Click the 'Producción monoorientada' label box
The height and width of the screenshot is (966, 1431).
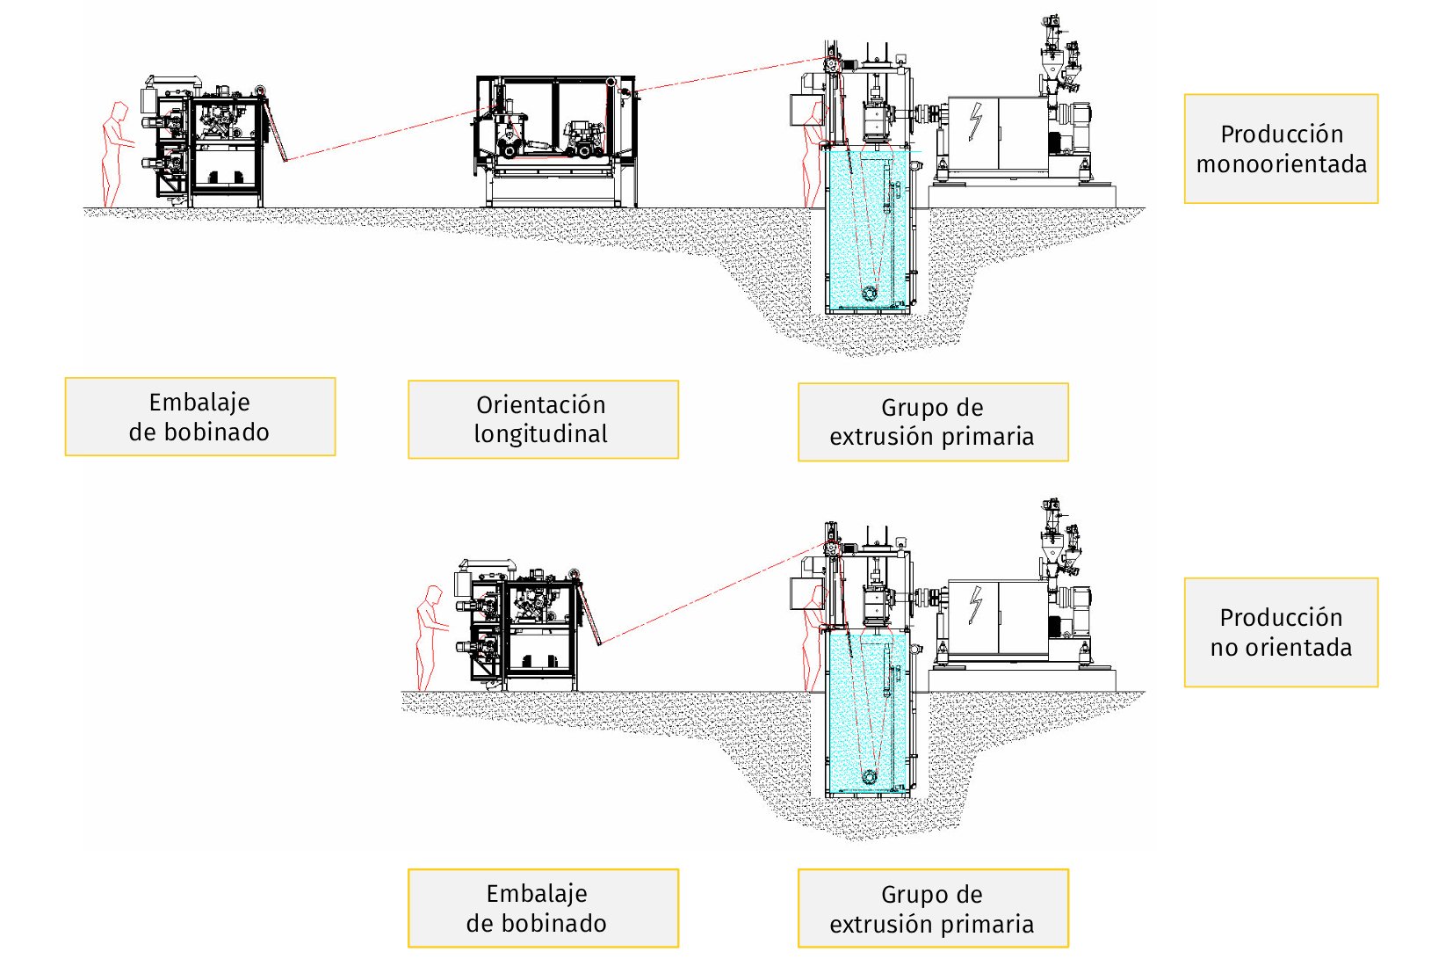click(x=1281, y=149)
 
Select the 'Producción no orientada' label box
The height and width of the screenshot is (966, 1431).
click(x=1281, y=632)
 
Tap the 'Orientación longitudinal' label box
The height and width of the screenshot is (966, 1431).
click(x=543, y=419)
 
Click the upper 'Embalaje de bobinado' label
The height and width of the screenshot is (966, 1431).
click(x=200, y=417)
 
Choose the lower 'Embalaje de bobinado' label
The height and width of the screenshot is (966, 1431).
click(x=543, y=908)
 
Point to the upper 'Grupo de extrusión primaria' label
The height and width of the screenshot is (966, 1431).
click(x=933, y=422)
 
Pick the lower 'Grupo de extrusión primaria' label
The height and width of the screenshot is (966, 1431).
click(x=933, y=908)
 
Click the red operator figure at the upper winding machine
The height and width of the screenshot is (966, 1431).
click(x=114, y=154)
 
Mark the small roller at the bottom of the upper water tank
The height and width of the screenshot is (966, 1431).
click(x=870, y=293)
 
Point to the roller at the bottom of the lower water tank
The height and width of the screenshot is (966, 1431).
click(x=870, y=777)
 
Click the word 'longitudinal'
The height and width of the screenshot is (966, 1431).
click(x=541, y=434)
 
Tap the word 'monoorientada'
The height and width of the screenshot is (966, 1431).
click(x=1281, y=164)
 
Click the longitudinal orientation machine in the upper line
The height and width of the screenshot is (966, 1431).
click(x=556, y=141)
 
